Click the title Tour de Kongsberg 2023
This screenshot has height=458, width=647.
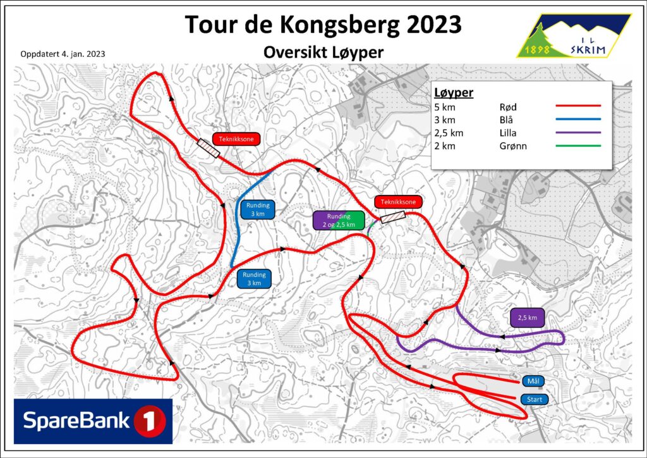tap(323, 25)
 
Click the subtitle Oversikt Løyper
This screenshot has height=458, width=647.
tap(323, 53)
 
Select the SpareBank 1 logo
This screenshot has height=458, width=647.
tap(94, 421)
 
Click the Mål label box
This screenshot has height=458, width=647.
tap(533, 381)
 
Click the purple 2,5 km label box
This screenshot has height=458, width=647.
tap(527, 318)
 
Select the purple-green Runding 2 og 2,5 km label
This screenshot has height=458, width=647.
tap(339, 220)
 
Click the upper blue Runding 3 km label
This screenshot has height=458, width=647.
tap(256, 209)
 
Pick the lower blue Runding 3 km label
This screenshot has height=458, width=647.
tap(255, 279)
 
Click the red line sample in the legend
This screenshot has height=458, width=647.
tap(577, 107)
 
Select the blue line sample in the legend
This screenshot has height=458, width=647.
tap(577, 120)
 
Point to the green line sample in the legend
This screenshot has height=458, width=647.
tap(577, 146)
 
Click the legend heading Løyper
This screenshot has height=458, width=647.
tap(454, 93)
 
